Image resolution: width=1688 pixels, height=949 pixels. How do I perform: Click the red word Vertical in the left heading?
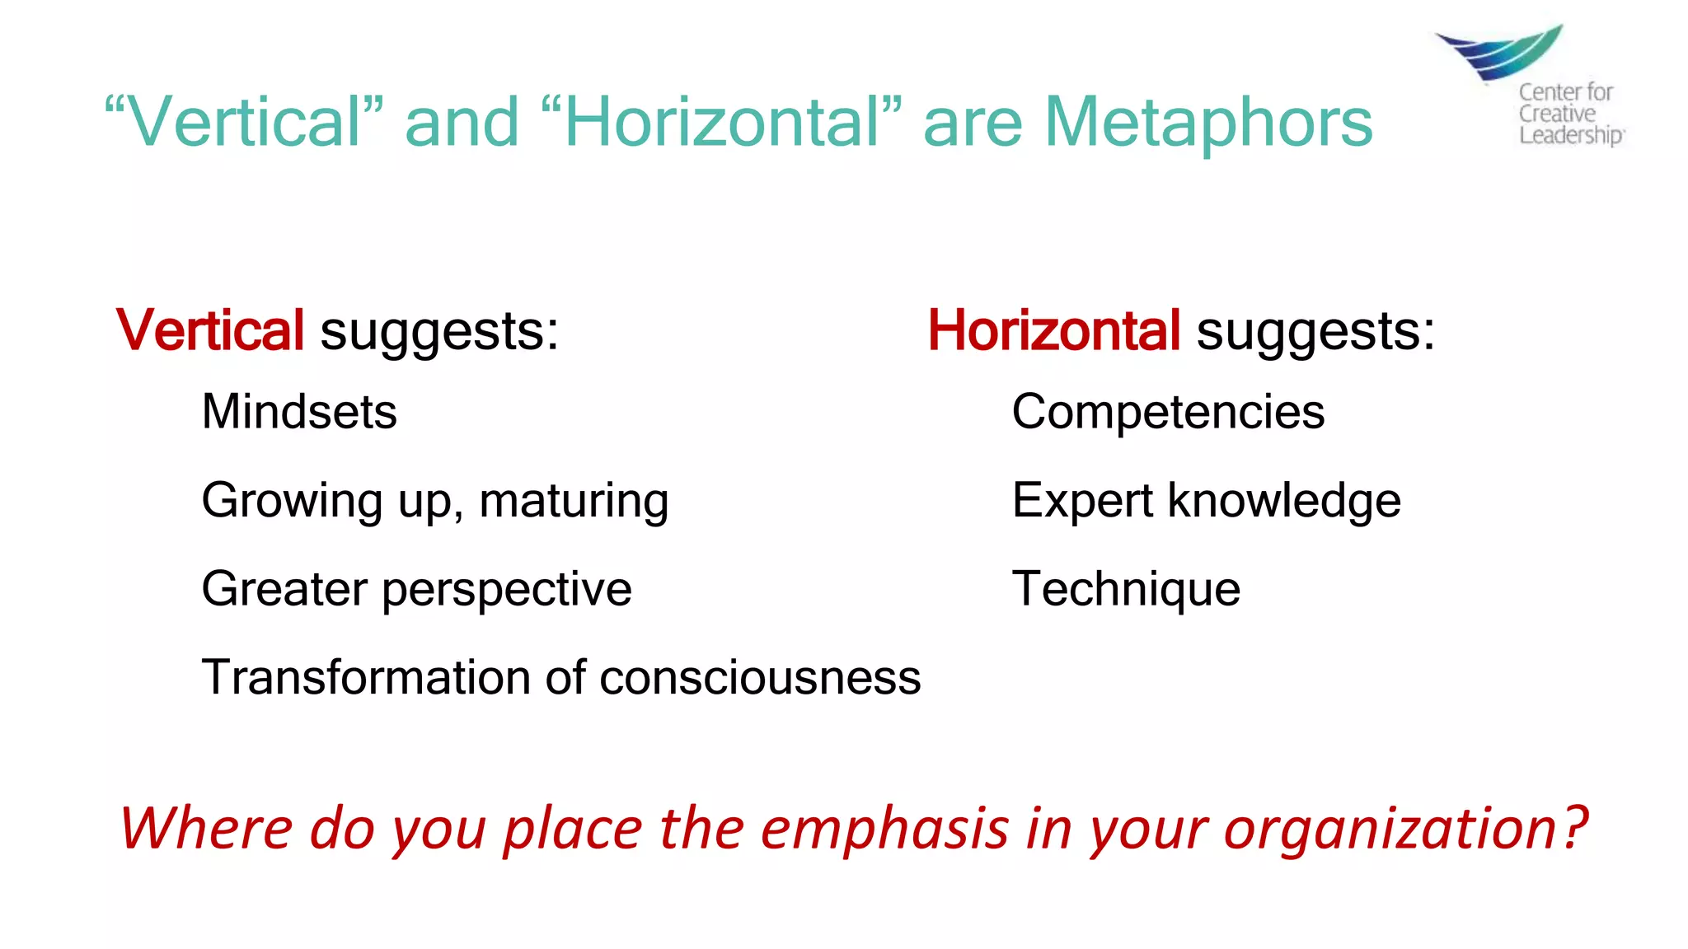coord(210,330)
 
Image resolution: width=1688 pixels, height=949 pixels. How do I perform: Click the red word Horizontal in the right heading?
coord(1054,330)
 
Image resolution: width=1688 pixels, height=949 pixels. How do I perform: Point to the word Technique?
coord(1126,588)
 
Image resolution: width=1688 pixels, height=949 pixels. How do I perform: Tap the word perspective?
coord(506,589)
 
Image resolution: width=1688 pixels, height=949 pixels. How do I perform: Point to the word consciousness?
coord(760,677)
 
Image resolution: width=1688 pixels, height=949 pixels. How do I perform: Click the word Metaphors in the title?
coord(1208,122)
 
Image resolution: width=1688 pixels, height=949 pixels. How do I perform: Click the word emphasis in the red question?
coord(884,828)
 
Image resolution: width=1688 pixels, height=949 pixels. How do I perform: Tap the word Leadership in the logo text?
coord(1570,134)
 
